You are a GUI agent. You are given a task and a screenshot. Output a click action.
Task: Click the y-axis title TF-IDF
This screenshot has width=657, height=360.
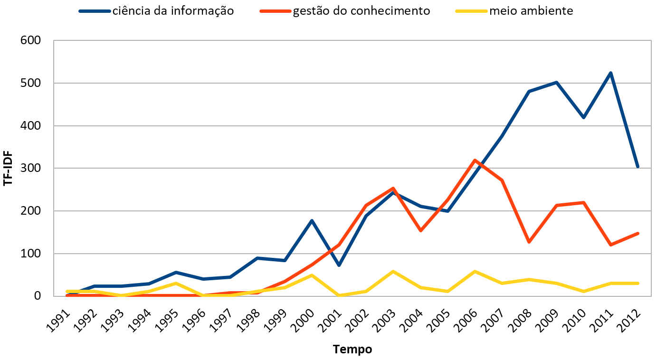tap(8, 168)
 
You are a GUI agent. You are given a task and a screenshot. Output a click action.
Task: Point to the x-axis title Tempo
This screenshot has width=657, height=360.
tap(352, 350)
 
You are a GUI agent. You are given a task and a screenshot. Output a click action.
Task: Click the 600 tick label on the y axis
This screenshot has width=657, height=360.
tap(31, 40)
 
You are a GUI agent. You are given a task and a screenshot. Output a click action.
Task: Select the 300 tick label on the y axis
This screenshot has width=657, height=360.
tap(31, 168)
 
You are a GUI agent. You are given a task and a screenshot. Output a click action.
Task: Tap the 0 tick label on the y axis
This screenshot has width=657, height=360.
tap(38, 296)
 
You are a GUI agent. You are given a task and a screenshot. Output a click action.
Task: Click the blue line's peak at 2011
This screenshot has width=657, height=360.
tap(610, 73)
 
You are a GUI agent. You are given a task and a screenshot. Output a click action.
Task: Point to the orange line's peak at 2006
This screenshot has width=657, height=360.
tap(475, 161)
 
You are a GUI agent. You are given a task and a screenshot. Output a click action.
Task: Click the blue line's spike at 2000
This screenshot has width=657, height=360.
tap(312, 220)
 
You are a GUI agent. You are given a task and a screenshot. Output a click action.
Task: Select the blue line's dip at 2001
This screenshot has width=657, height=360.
tap(339, 265)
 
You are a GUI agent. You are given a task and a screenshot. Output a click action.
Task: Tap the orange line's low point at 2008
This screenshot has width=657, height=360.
tap(529, 242)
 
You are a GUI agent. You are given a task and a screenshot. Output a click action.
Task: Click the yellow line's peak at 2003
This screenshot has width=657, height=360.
tap(393, 271)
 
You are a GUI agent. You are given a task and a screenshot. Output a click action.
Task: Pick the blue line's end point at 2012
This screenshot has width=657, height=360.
tap(638, 167)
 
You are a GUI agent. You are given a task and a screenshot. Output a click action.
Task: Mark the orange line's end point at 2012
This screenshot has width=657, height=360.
tap(638, 233)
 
